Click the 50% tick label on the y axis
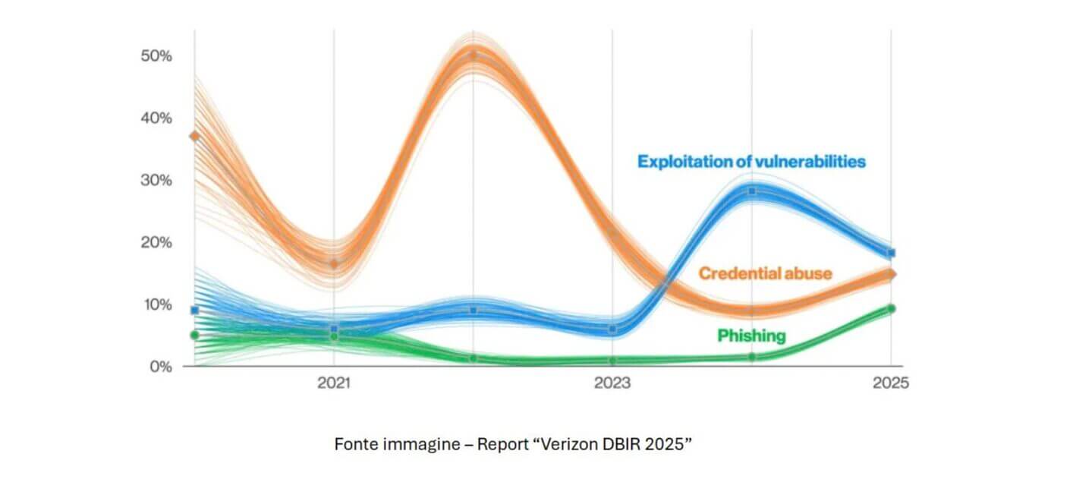coord(156,56)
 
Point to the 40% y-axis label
coord(156,118)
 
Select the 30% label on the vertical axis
coord(156,181)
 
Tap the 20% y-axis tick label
coord(156,243)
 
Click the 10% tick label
coord(156,305)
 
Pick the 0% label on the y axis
coord(159,367)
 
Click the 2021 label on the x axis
coord(334,384)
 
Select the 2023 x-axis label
coord(612,384)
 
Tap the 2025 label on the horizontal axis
coord(891,384)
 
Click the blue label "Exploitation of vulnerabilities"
coord(751,162)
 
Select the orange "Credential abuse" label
coord(765,273)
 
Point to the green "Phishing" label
coord(751,336)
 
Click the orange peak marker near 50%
coord(474,55)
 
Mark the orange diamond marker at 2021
coord(334,263)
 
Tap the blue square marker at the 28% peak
coord(752,191)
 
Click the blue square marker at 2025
coord(892,253)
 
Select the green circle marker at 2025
coord(892,309)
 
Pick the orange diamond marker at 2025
coord(892,274)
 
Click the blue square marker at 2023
coord(613,329)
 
